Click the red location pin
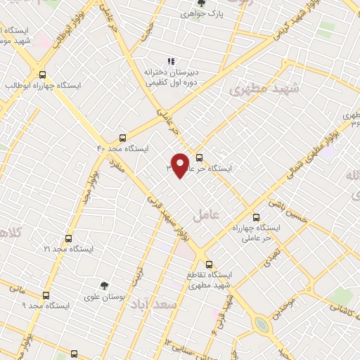[x=181, y=165]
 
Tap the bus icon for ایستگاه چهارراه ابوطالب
[x=43, y=75]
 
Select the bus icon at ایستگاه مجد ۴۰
[x=123, y=138]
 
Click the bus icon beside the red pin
[x=200, y=157]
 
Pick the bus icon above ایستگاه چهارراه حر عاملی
[x=255, y=218]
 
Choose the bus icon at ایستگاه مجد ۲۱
[x=68, y=238]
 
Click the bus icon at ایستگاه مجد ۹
[x=46, y=295]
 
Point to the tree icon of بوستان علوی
[x=104, y=285]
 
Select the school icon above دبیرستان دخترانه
[x=169, y=61]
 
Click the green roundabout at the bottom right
[x=262, y=324]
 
